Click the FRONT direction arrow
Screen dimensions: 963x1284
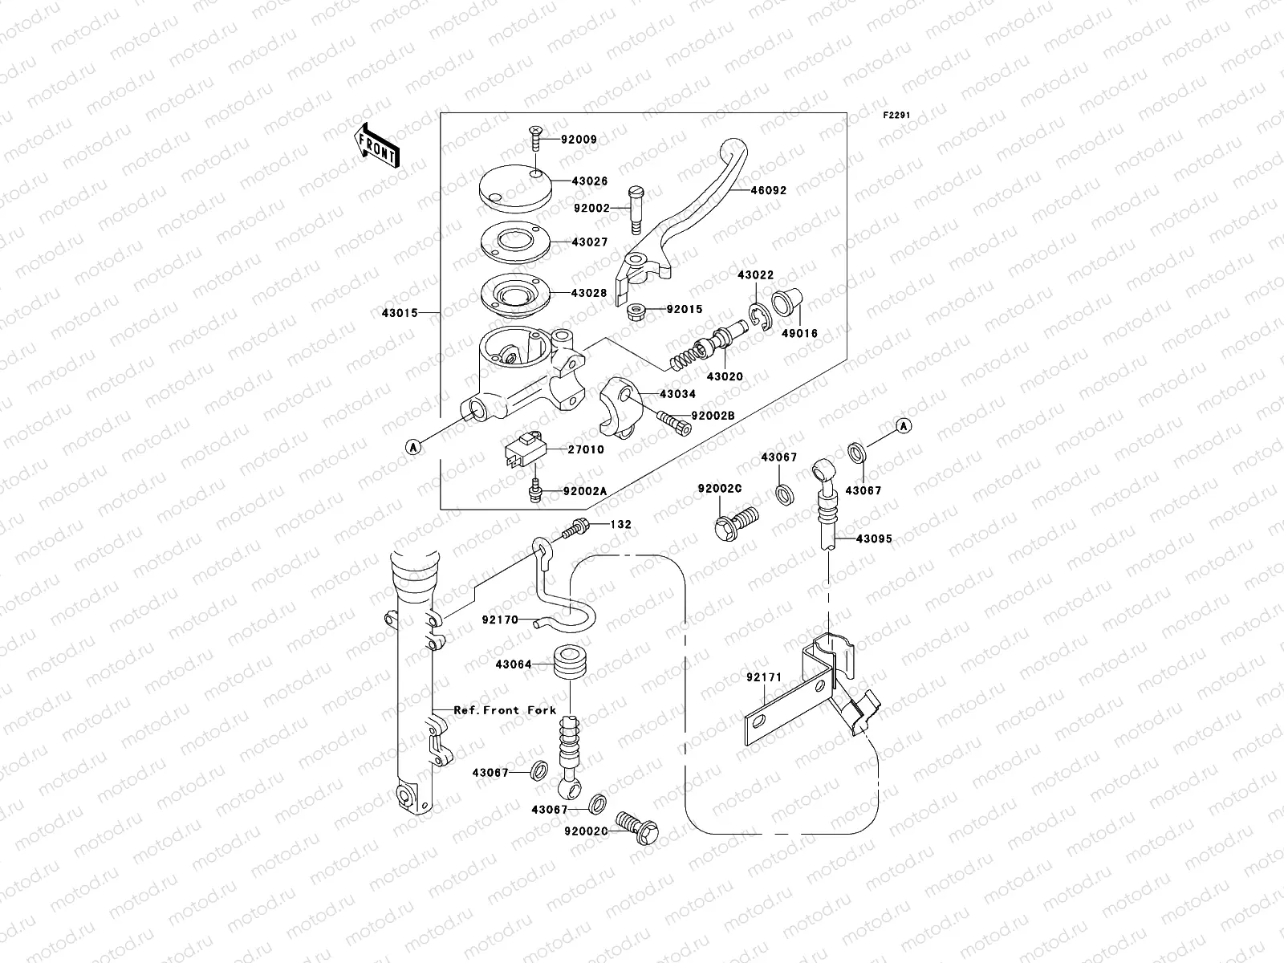pyautogui.click(x=377, y=146)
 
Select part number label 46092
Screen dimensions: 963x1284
pyautogui.click(x=769, y=191)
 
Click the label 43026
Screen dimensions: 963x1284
pyautogui.click(x=590, y=181)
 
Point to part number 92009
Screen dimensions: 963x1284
pyautogui.click(x=579, y=140)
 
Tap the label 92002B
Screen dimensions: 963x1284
pyautogui.click(x=713, y=415)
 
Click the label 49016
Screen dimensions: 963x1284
pyautogui.click(x=800, y=333)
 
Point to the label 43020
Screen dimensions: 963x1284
pyautogui.click(x=725, y=376)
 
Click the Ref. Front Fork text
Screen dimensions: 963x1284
pyautogui.click(x=505, y=710)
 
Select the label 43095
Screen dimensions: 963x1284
pyautogui.click(x=874, y=539)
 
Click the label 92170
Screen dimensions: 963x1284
pyautogui.click(x=500, y=620)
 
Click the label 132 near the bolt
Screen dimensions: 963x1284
pyautogui.click(x=620, y=525)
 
